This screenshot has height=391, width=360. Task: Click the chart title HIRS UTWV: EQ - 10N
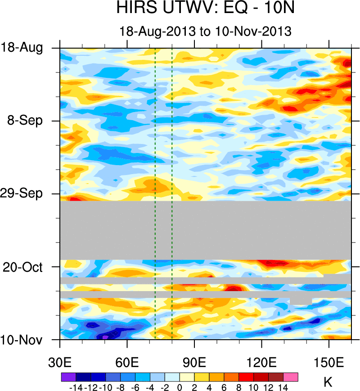[x=205, y=9]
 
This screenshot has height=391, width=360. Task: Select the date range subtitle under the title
[x=205, y=31]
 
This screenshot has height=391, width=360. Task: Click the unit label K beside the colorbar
[x=328, y=383]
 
